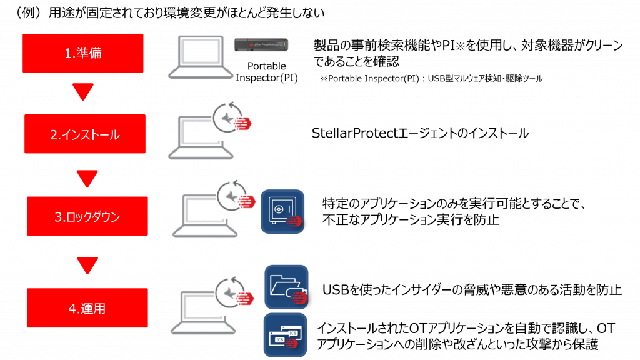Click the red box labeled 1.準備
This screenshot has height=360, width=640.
tap(83, 53)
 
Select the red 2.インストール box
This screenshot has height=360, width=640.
tap(85, 134)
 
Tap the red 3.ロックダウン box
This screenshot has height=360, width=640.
tap(87, 216)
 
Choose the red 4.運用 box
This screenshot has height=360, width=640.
tap(87, 307)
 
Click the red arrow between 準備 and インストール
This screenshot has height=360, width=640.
tap(83, 91)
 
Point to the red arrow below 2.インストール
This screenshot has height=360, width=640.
tap(87, 178)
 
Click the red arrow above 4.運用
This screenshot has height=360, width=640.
tap(87, 265)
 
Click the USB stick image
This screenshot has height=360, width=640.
tap(261, 44)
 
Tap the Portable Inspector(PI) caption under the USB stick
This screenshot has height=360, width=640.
tap(266, 72)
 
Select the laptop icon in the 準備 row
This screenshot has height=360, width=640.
tap(201, 57)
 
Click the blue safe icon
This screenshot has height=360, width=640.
tap(282, 211)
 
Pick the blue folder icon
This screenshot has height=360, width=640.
tap(286, 287)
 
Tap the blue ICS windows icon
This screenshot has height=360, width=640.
tap(285, 335)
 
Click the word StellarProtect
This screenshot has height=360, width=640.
tap(355, 133)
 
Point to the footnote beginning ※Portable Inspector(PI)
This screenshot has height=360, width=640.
tap(431, 78)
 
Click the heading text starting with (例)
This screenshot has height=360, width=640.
tap(169, 12)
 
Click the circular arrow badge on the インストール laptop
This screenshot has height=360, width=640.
tap(232, 118)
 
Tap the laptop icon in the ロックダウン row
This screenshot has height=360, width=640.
tap(205, 216)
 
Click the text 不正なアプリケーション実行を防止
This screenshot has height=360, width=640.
tap(411, 220)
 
